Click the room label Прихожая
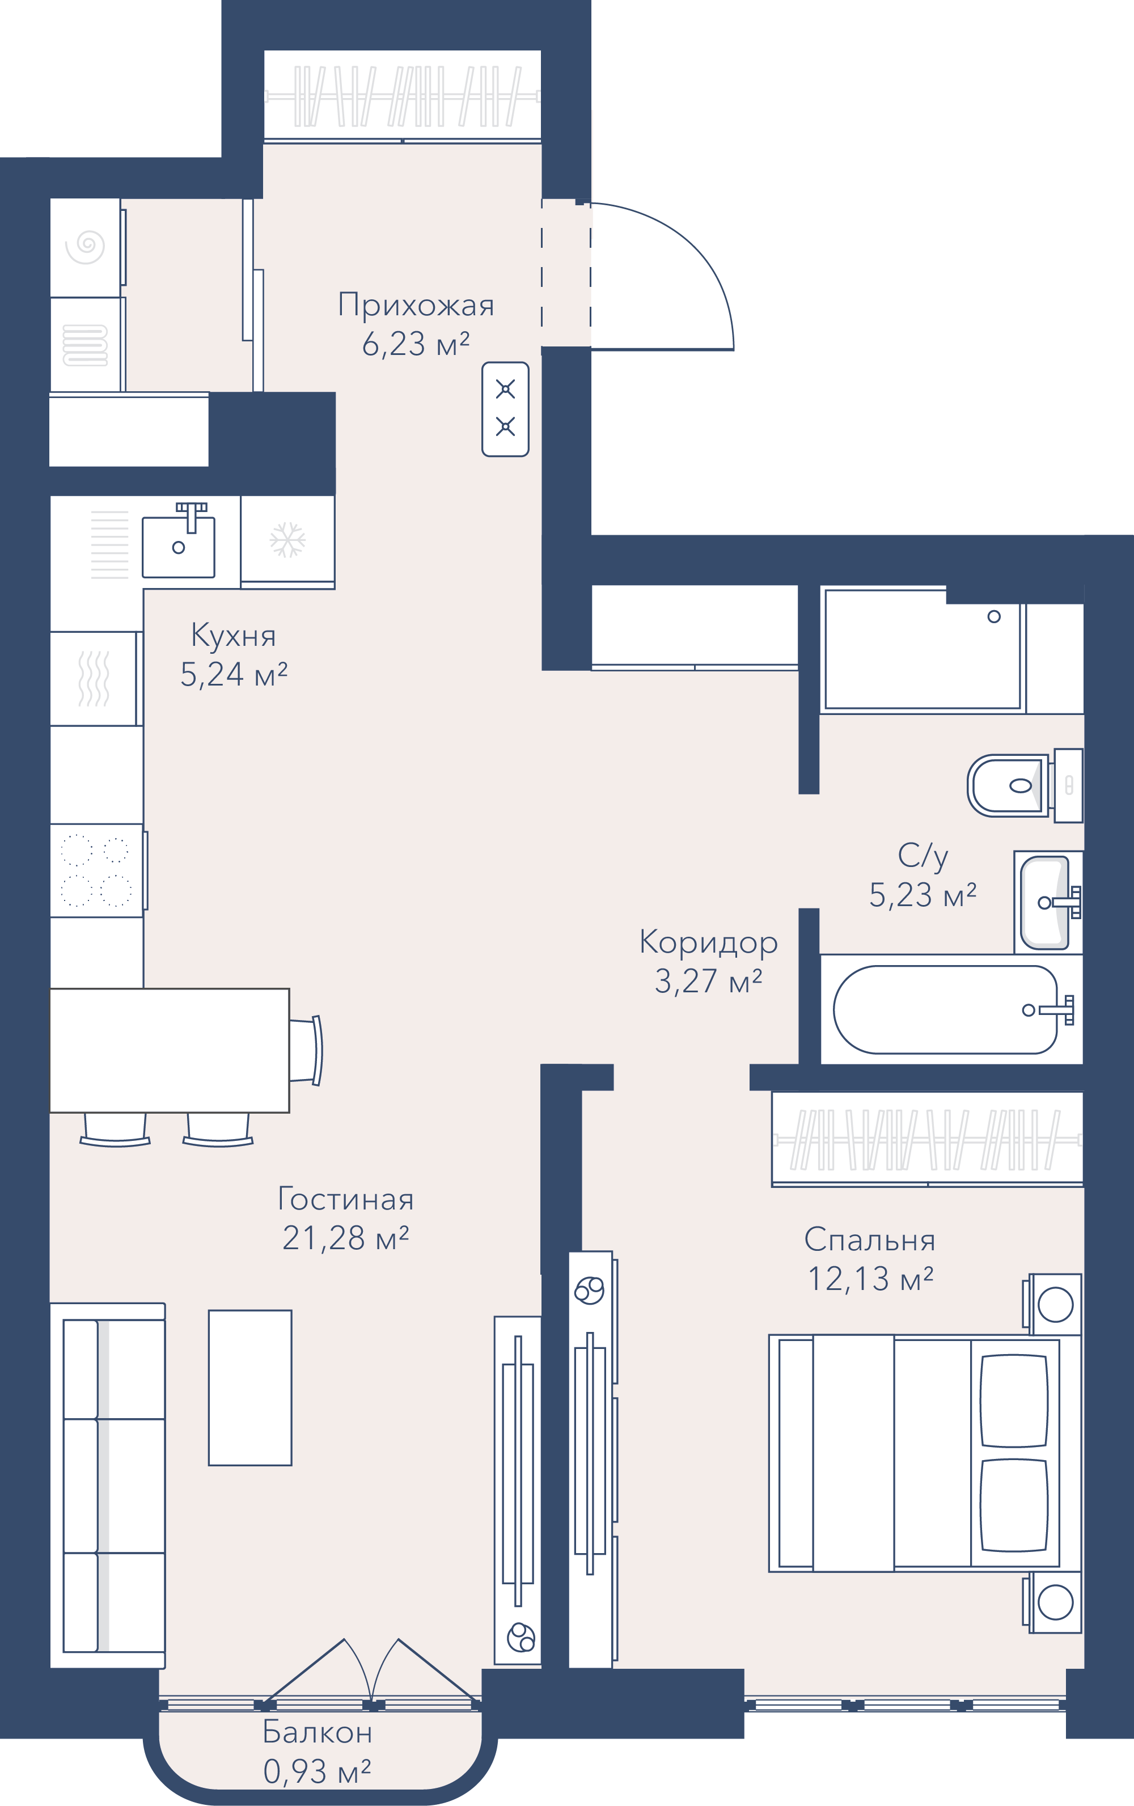coord(416,305)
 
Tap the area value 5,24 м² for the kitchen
coord(234,674)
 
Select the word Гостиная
coord(346,1199)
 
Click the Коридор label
coord(709,944)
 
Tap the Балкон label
coord(318,1732)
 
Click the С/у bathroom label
coord(923,856)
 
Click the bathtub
coord(951,1009)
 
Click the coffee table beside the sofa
coord(249,1388)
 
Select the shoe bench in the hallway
coord(506,409)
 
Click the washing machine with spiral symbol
coord(86,247)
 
